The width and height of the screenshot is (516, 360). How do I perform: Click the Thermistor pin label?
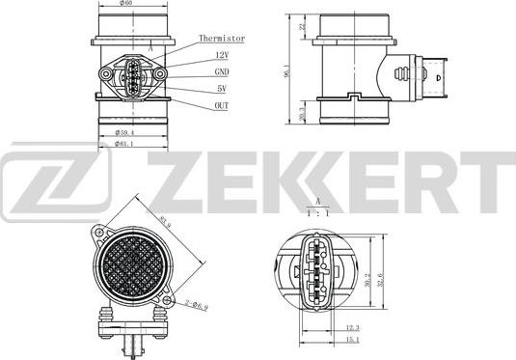pyautogui.click(x=222, y=39)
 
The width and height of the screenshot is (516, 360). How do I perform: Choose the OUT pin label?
pyautogui.click(x=221, y=105)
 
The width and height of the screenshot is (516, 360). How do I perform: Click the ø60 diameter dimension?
pyautogui.click(x=126, y=5)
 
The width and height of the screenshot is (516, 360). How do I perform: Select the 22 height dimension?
pyautogui.click(x=301, y=27)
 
